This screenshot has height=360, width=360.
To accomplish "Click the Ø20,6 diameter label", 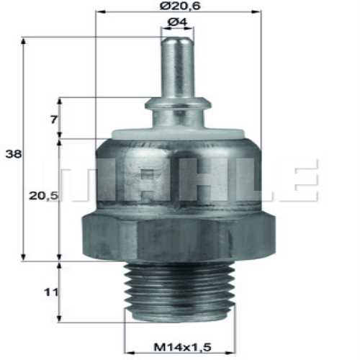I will [179, 6].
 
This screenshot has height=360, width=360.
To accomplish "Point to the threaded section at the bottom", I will [178, 292].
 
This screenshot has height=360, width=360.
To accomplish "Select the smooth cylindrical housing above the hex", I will [178, 173].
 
